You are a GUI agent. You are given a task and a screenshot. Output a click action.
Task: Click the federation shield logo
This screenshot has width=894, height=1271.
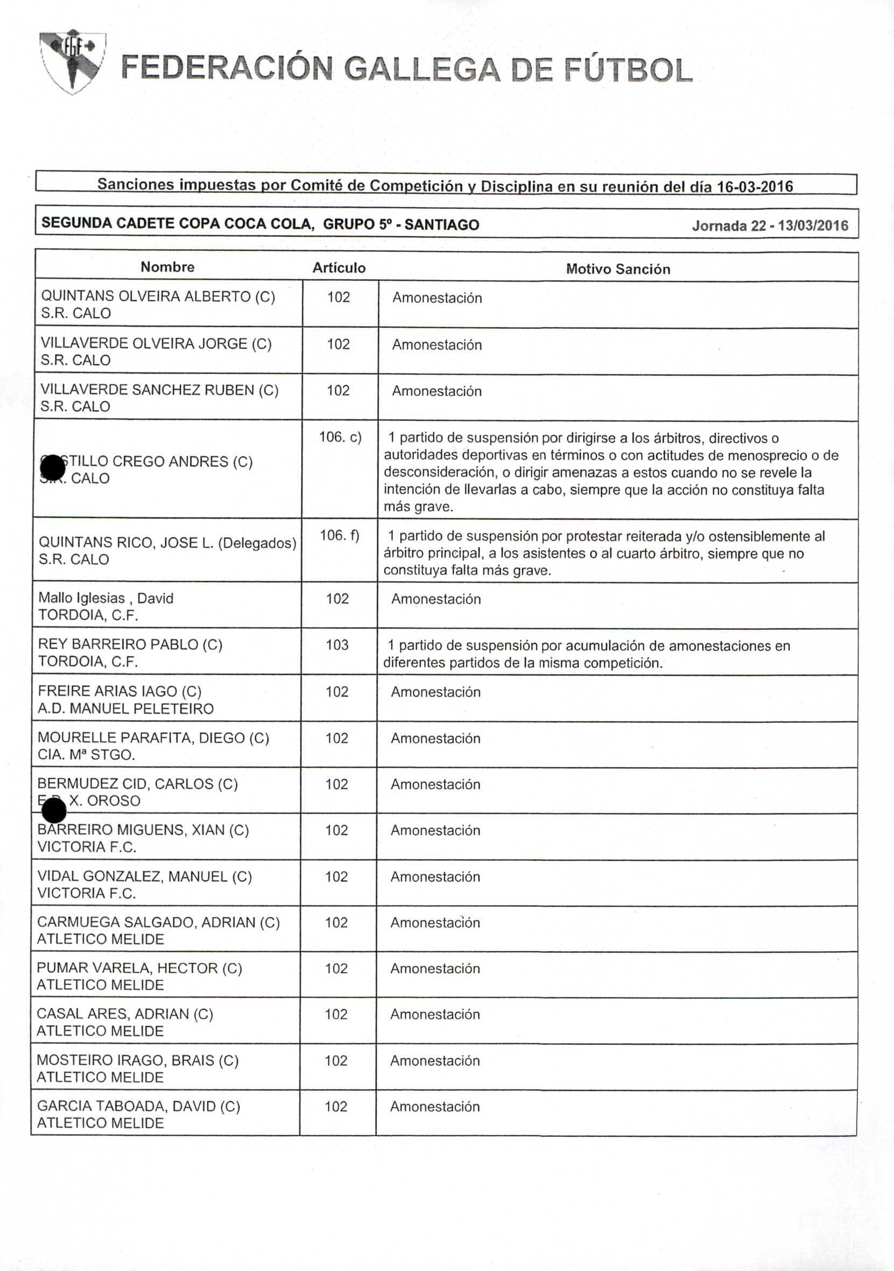[72, 62]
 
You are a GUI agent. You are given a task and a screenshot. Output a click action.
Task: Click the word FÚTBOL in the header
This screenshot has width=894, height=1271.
[628, 71]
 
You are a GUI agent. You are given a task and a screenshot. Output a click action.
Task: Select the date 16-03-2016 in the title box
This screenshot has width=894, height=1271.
[755, 187]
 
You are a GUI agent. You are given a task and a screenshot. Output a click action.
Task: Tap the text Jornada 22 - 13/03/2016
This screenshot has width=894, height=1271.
[770, 226]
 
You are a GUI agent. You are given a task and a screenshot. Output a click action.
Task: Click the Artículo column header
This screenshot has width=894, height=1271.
[339, 268]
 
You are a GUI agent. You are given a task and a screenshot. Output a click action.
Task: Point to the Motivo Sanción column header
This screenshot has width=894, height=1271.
[618, 269]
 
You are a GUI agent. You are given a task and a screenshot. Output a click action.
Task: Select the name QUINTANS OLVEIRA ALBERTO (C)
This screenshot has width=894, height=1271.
[158, 296]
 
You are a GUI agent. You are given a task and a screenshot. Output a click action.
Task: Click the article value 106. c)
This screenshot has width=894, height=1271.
[340, 437]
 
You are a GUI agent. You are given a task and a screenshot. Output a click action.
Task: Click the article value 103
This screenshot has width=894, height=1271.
[337, 644]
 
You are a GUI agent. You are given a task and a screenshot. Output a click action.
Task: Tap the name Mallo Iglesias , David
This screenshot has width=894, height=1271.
[105, 598]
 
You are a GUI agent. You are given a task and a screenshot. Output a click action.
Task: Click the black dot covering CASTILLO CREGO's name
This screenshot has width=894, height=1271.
[53, 468]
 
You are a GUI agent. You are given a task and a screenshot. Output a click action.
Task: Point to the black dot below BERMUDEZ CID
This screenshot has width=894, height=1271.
[54, 812]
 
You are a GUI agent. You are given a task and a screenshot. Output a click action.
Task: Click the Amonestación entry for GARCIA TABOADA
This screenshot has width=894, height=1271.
[434, 1106]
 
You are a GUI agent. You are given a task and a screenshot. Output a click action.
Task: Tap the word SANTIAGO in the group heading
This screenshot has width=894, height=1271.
[441, 224]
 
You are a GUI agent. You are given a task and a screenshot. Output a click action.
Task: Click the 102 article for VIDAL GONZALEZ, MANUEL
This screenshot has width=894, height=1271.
[336, 876]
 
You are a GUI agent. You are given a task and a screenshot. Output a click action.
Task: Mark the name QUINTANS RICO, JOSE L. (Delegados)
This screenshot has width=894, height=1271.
[167, 543]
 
